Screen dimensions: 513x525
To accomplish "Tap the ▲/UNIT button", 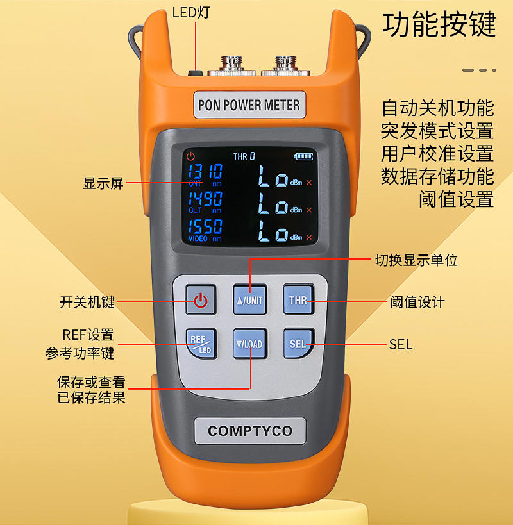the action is click(250, 299).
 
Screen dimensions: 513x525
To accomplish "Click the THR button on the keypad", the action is click(299, 299).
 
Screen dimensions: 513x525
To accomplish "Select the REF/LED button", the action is click(201, 344).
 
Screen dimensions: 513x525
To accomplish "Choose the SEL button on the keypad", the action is click(299, 344).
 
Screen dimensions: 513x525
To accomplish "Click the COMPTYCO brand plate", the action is click(250, 431).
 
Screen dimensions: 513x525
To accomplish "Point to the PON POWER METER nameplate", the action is click(249, 104).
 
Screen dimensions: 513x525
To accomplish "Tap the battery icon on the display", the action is click(303, 156).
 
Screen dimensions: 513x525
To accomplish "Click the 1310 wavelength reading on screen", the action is click(205, 172).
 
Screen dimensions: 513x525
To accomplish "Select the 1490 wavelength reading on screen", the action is click(205, 199).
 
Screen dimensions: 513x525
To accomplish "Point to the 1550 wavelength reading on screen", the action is click(205, 226).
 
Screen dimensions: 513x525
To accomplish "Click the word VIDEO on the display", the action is click(198, 238).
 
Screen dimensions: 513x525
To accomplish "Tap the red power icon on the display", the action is click(191, 156).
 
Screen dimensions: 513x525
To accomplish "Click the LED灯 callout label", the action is click(191, 13).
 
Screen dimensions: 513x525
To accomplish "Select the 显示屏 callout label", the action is click(103, 183).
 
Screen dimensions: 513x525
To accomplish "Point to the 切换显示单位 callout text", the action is click(416, 260).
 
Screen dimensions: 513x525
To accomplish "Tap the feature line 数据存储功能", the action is click(437, 176).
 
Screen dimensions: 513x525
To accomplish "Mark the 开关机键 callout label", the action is click(87, 302).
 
